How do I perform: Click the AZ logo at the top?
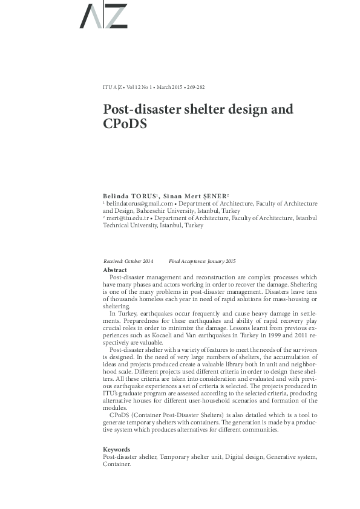[103, 16]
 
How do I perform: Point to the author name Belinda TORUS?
[129, 197]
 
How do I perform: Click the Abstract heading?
[115, 270]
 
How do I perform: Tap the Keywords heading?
[117, 450]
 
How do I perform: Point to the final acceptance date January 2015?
[221, 261]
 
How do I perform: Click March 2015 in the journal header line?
[169, 88]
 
